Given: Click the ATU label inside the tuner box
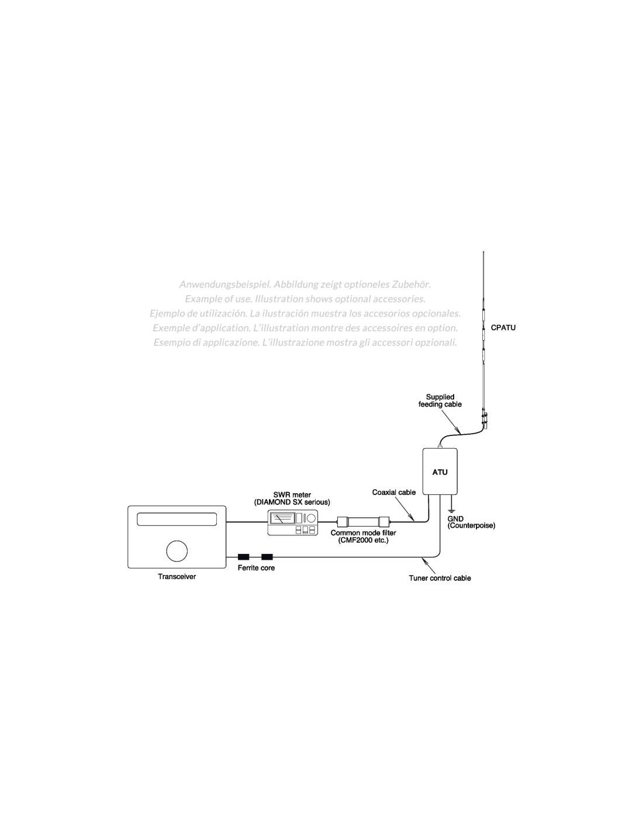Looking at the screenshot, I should [440, 472].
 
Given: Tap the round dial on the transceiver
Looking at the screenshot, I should [177, 550].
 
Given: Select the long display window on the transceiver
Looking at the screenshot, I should [177, 519].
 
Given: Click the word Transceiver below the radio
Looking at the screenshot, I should [177, 577].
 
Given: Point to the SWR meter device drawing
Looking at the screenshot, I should [292, 522].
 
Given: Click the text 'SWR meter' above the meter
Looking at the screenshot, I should [292, 494].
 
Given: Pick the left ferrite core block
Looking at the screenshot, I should [244, 558].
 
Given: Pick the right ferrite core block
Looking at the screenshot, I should [267, 558].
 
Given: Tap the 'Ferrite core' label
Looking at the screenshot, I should [256, 568].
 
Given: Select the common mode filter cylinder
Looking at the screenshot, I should [363, 521].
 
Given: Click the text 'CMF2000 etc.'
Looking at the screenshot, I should [363, 540].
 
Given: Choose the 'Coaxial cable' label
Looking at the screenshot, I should [394, 493].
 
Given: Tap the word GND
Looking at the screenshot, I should [455, 519].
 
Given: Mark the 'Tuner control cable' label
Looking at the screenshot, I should [440, 579].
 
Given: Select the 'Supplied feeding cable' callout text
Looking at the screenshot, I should [440, 400].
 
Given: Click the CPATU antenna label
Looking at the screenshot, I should [503, 328].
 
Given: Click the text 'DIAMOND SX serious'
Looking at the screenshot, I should [292, 502].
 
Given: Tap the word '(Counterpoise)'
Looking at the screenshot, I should [471, 526].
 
